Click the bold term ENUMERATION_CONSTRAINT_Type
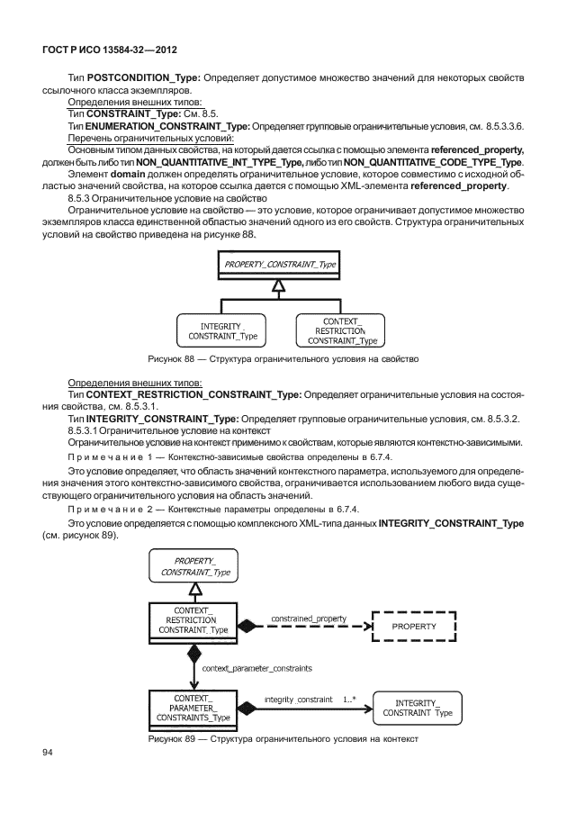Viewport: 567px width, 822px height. [x=165, y=128]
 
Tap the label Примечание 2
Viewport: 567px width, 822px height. [x=107, y=511]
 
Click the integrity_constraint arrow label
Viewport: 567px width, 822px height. [x=295, y=698]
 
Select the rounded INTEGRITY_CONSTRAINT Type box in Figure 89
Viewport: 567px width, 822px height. [x=417, y=708]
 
